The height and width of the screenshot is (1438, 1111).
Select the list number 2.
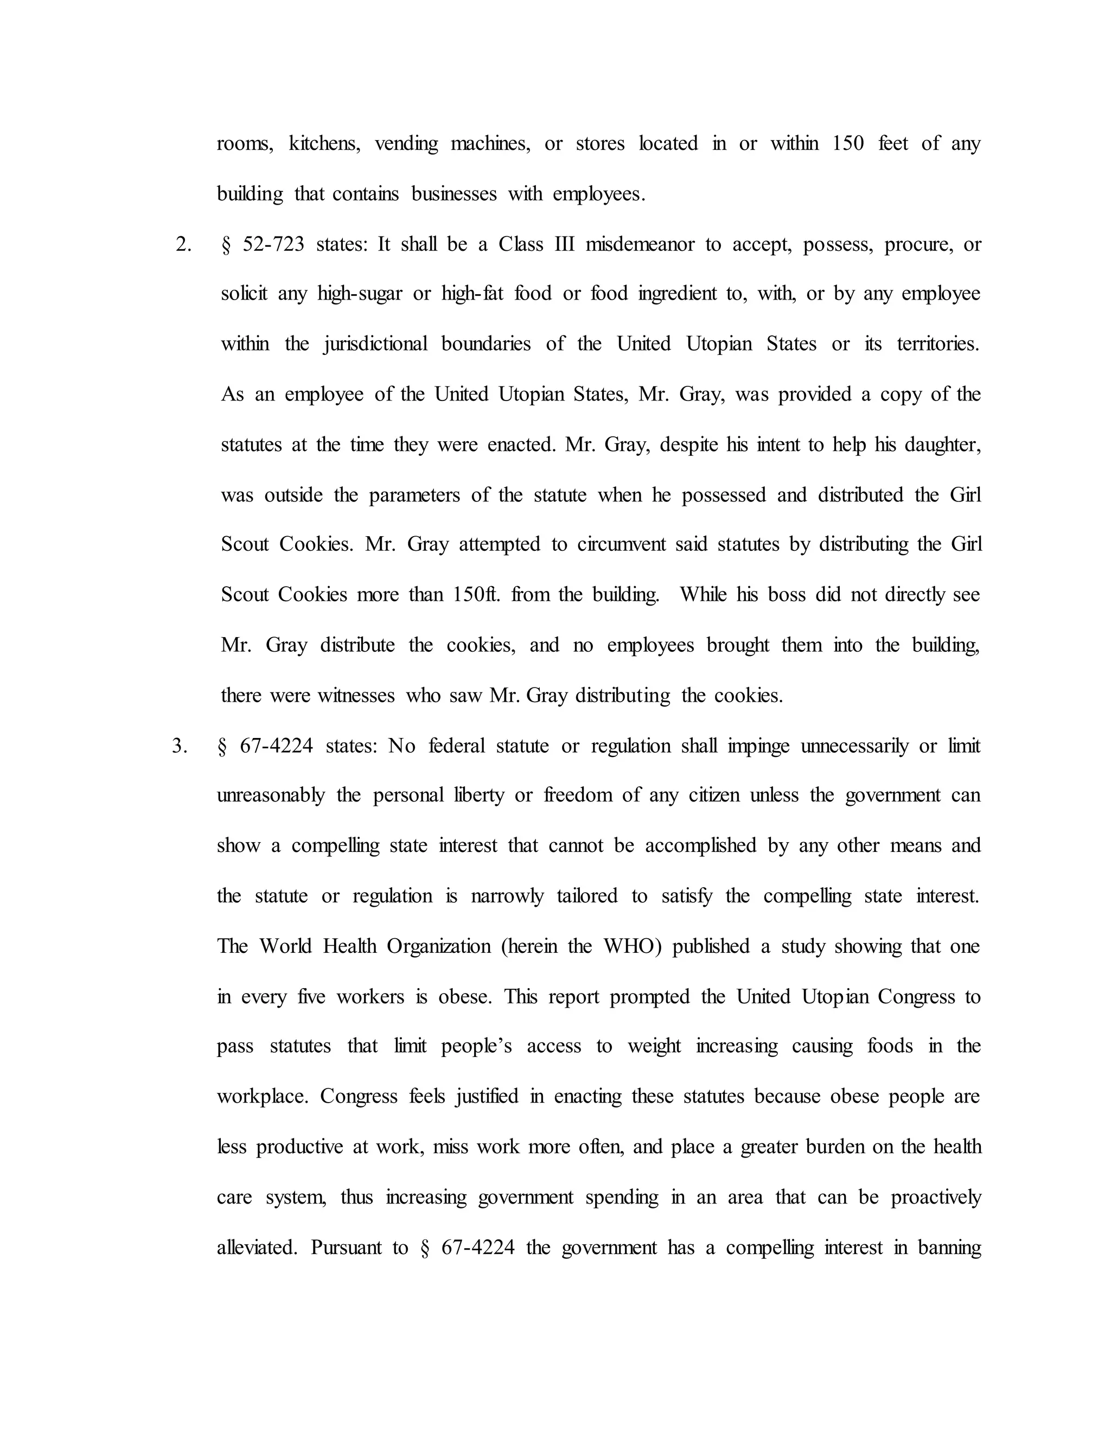(184, 245)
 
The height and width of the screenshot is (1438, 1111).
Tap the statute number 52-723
(274, 245)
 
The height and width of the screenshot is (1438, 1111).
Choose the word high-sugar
(359, 294)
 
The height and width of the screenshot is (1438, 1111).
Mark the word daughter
(942, 445)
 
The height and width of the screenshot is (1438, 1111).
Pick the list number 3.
(180, 747)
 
